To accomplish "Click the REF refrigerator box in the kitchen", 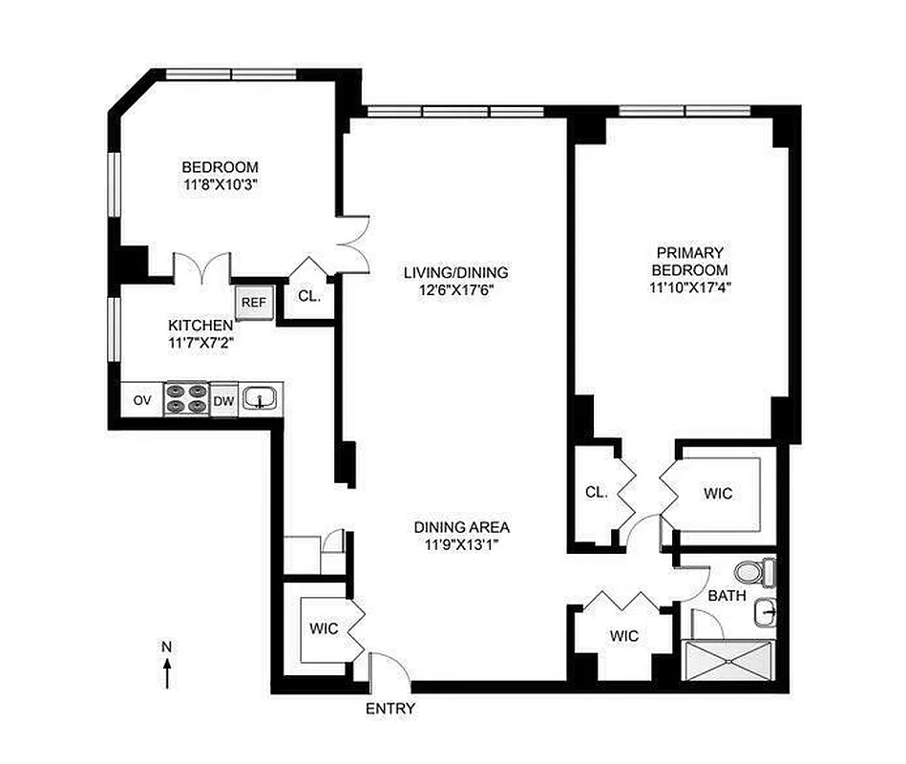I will click(x=253, y=302).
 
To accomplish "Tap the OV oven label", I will click(x=141, y=400).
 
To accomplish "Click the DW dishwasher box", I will click(x=223, y=401).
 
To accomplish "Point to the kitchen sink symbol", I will click(x=260, y=398).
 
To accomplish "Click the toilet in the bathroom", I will click(x=760, y=572).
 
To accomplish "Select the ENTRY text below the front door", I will click(x=390, y=709).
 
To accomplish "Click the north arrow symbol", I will click(x=167, y=666).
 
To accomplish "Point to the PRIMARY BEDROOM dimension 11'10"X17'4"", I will click(x=691, y=286).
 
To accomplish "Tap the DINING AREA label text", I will click(x=462, y=526).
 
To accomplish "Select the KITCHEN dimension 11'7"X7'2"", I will click(x=200, y=342).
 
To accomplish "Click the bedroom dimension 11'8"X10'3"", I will click(x=220, y=185).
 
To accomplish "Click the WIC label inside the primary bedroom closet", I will click(x=717, y=494).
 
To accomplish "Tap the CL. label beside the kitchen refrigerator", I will click(x=309, y=296).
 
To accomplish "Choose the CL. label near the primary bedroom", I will click(x=596, y=493).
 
